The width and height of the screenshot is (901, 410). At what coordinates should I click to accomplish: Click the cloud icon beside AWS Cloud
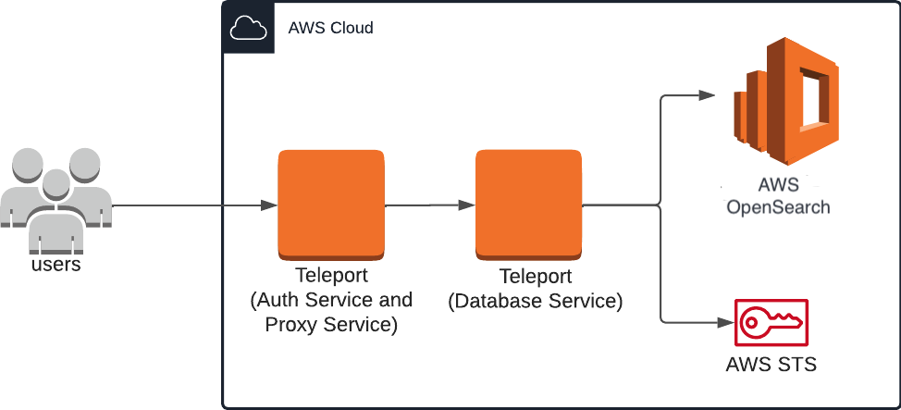[248, 29]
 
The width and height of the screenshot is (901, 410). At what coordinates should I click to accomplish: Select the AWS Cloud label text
[331, 28]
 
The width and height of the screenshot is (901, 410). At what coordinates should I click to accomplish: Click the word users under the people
[56, 265]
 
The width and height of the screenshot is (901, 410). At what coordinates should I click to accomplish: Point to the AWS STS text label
[771, 364]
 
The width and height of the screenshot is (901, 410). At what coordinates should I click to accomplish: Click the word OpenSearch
[778, 206]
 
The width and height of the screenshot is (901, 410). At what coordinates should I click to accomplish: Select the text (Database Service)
[535, 301]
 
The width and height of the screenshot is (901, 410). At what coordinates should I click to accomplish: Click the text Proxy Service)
[331, 325]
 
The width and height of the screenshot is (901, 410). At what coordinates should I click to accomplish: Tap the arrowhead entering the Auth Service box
[270, 205]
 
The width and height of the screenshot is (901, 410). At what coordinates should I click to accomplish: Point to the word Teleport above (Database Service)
[536, 277]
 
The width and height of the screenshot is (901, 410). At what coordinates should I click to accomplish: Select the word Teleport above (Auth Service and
[331, 276]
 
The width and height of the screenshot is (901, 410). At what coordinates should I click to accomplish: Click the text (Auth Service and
[331, 300]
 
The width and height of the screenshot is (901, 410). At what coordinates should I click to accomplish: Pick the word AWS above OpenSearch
[778, 183]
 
